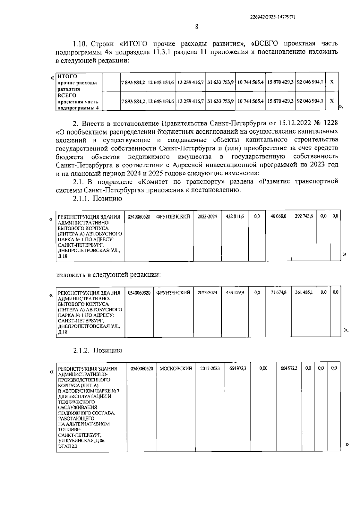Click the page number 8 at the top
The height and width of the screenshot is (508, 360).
pyautogui.click(x=197, y=27)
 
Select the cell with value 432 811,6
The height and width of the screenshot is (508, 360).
pyautogui.click(x=235, y=216)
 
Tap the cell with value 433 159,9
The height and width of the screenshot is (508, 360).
pyautogui.click(x=235, y=292)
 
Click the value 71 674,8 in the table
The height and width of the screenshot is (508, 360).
pyautogui.click(x=278, y=292)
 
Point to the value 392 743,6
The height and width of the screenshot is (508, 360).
pyautogui.click(x=304, y=216)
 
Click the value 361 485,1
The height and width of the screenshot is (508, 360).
pyautogui.click(x=304, y=292)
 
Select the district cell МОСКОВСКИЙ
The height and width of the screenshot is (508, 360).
pyautogui.click(x=176, y=368)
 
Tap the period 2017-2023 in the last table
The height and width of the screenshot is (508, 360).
pyautogui.click(x=210, y=368)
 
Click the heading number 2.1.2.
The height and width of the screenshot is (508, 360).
pyautogui.click(x=81, y=350)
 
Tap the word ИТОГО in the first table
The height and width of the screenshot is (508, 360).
pyautogui.click(x=67, y=76)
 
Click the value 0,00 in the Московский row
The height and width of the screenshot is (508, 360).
pyautogui.click(x=263, y=368)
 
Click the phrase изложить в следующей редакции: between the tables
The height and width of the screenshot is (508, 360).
pyautogui.click(x=108, y=275)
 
